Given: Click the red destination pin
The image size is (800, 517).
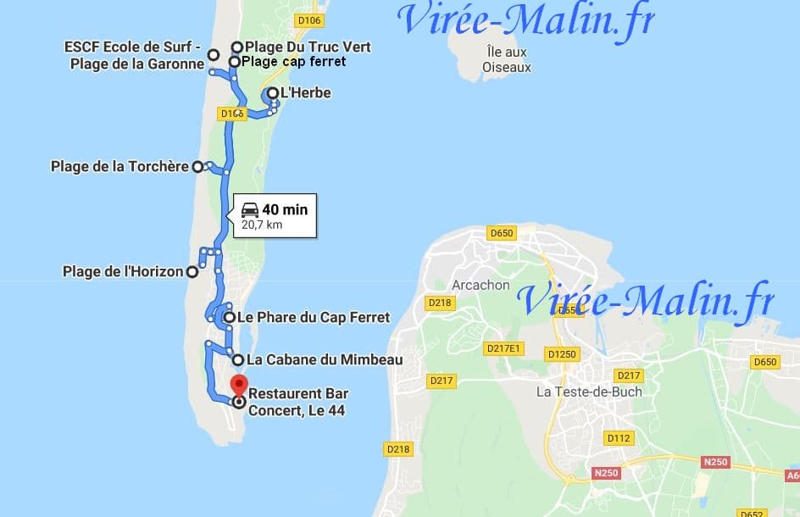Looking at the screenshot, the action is (x=239, y=384).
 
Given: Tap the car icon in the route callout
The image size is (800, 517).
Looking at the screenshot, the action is (x=249, y=209).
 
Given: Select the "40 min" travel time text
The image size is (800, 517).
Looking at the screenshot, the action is (x=285, y=209).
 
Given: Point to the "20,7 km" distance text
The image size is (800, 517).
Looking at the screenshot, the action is (x=262, y=225).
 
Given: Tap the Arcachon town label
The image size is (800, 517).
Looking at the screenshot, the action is (x=481, y=285).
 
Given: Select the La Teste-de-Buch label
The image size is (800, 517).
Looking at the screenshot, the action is (x=590, y=392).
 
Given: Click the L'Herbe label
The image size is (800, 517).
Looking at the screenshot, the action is (x=306, y=92).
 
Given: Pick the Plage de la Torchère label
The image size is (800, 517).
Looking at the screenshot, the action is (x=119, y=167).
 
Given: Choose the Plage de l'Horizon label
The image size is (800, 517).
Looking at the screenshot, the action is (x=123, y=272).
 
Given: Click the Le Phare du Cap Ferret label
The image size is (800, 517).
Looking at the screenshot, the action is (x=313, y=317).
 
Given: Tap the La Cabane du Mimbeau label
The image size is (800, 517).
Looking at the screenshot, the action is (x=324, y=359).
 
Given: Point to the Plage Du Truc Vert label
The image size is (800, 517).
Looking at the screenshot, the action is (x=308, y=47).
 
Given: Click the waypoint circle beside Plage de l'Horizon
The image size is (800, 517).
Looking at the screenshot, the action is (x=192, y=272).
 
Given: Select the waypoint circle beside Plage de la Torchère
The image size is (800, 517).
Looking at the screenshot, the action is (x=197, y=167).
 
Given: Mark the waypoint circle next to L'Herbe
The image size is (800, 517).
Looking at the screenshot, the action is (x=271, y=93).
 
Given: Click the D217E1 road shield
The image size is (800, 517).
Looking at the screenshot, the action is (x=503, y=347).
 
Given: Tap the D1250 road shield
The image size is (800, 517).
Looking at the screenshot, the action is (x=561, y=353).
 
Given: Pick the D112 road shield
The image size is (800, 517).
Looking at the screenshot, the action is (x=618, y=438).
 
